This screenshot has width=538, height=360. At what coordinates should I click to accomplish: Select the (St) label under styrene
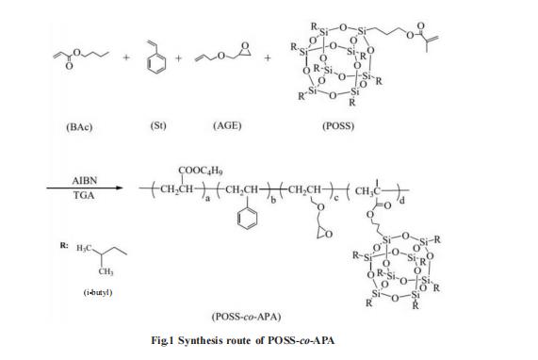click(x=157, y=124)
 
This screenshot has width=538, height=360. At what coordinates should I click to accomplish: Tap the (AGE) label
click(x=226, y=124)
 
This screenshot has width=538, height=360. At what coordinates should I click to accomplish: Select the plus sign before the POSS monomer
click(x=269, y=58)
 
